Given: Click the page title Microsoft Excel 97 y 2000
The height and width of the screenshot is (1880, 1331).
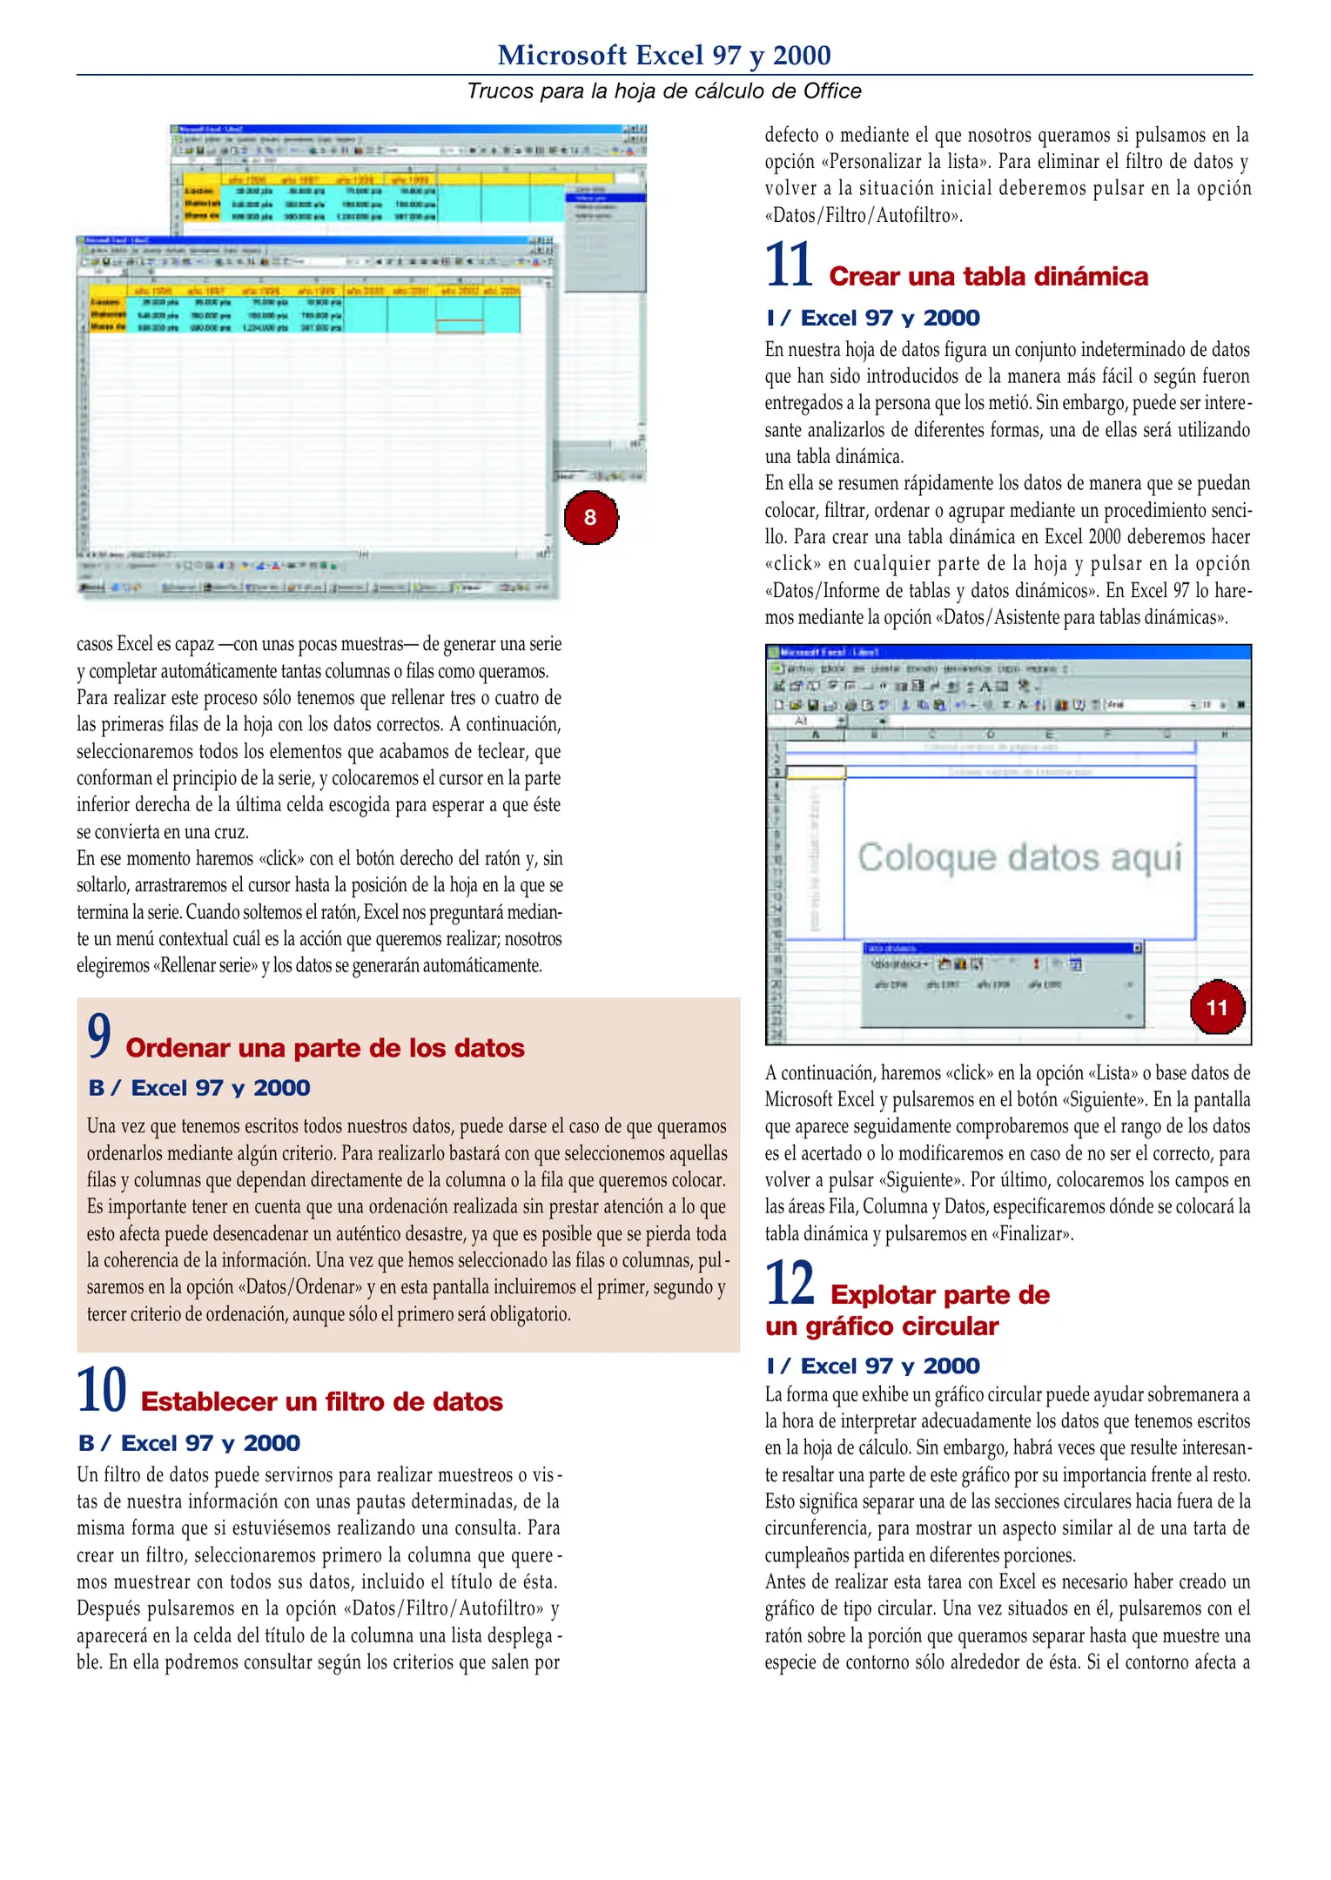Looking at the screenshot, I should [x=664, y=55].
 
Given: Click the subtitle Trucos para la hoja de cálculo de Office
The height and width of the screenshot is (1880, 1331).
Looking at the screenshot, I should [x=664, y=91].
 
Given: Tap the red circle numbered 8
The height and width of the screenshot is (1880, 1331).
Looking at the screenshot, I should [x=590, y=518].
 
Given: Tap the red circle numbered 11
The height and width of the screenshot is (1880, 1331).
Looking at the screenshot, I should [x=1216, y=1008].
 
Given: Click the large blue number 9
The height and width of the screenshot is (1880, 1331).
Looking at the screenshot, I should [x=99, y=1036].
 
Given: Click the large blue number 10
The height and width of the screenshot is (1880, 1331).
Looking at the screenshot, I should [x=102, y=1390].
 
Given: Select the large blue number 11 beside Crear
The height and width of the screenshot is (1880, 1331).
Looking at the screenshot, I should [x=789, y=265].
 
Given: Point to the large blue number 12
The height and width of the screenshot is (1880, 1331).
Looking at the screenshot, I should [x=790, y=1283].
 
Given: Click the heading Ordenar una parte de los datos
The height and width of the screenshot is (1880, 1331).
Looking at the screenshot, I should [x=325, y=1048].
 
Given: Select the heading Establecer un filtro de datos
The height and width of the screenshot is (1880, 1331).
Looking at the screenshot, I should [x=321, y=1401].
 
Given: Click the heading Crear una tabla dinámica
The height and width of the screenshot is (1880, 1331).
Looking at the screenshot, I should [x=988, y=277].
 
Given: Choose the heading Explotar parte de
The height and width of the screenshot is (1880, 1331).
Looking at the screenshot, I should [x=939, y=1294].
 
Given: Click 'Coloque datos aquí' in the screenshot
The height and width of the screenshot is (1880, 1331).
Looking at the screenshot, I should [x=1019, y=858].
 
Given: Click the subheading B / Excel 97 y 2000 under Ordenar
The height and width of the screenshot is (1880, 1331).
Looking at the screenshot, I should [x=199, y=1088].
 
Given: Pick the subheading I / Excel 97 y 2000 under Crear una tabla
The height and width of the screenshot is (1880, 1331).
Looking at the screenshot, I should [x=873, y=318].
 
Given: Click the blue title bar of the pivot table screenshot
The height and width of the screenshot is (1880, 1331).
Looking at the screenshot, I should [x=1007, y=652].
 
